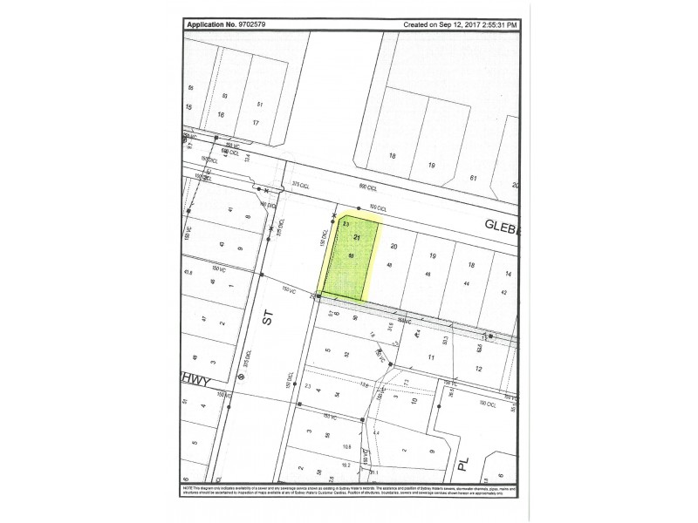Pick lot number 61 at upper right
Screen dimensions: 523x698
coord(474,179)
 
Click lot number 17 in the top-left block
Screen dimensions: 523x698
coord(256,122)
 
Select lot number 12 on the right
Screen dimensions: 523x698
coord(478,369)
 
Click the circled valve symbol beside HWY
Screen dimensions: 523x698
coord(241,376)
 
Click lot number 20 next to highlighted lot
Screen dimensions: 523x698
coord(393,247)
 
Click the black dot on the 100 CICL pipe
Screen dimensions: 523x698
coord(359,208)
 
